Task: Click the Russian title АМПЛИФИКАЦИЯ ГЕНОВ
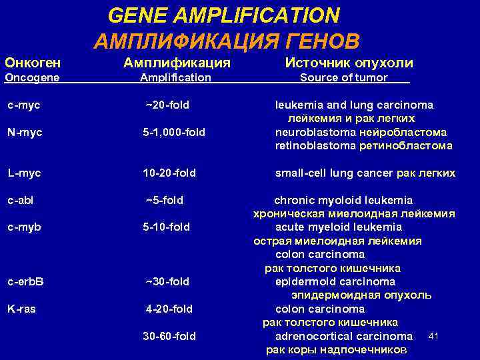(x=227, y=41)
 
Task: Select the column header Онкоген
(x=33, y=63)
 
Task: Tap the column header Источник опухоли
(x=349, y=63)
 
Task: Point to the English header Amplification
(x=175, y=77)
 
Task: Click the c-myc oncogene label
(x=23, y=105)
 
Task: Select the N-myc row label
(x=25, y=132)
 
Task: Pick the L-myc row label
(x=24, y=173)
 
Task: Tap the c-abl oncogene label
(x=21, y=200)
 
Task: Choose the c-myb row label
(x=24, y=227)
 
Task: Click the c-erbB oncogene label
(x=25, y=281)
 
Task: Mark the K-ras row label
(x=23, y=309)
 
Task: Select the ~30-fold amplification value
(x=167, y=281)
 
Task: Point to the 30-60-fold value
(x=169, y=336)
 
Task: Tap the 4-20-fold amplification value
(x=169, y=309)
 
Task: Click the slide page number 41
(x=433, y=334)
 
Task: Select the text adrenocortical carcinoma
(x=344, y=336)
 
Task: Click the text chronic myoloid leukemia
(x=344, y=200)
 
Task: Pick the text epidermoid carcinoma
(x=335, y=281)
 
